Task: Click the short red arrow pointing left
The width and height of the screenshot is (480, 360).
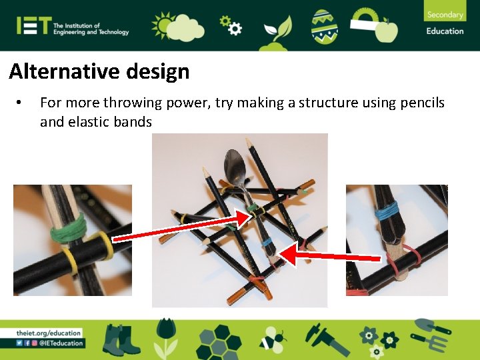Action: [x=333, y=255]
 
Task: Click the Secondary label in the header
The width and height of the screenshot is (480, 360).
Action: [x=445, y=15]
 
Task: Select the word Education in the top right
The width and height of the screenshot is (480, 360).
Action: [x=445, y=31]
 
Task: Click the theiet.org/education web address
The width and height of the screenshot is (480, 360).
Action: [x=49, y=333]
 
